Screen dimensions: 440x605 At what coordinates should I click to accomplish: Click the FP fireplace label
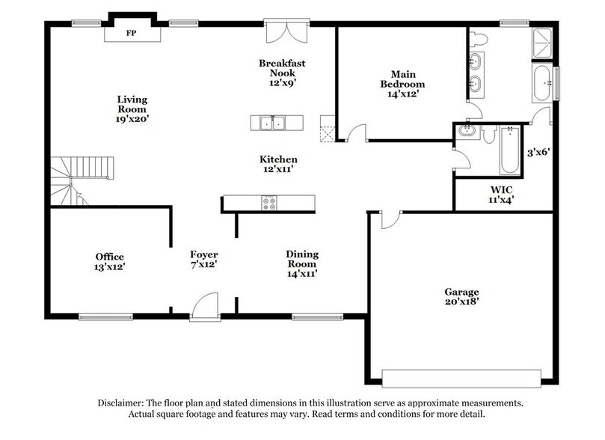click(x=131, y=33)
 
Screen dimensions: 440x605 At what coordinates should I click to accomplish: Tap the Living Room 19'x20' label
click(x=132, y=109)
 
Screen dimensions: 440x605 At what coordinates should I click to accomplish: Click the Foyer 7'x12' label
click(x=203, y=259)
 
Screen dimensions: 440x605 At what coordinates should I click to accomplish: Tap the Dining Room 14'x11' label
click(x=302, y=264)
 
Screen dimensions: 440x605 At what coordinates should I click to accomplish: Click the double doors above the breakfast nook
click(x=285, y=34)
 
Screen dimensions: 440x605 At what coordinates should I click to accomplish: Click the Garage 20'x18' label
click(x=461, y=296)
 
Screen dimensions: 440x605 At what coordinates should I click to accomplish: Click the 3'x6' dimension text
click(x=538, y=152)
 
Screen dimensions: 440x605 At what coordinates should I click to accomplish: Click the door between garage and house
click(x=390, y=219)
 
